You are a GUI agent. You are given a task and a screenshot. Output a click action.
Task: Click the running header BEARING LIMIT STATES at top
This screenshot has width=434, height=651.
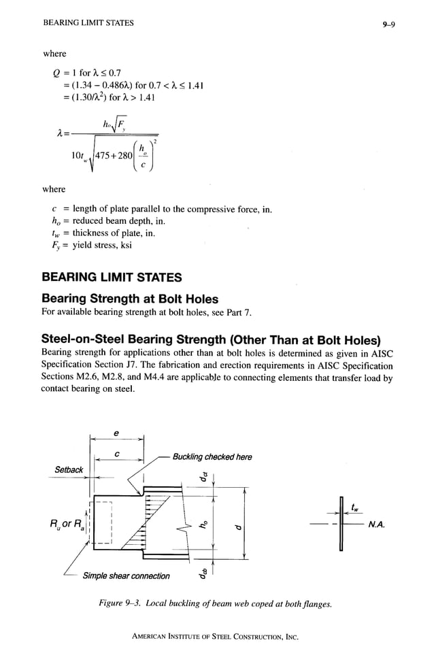(x=88, y=23)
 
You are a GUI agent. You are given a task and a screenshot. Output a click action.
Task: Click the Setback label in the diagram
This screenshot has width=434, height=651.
(x=68, y=469)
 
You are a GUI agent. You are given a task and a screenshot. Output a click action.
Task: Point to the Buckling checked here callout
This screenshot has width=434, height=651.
(x=212, y=456)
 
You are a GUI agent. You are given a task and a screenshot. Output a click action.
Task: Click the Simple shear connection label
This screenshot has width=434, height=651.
(x=127, y=575)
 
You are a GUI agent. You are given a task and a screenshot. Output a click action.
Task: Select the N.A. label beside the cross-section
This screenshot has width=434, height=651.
(x=377, y=524)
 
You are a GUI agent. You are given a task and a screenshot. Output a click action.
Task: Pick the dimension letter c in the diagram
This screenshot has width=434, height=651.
(x=118, y=454)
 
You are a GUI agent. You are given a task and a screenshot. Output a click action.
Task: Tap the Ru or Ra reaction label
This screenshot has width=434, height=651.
(x=66, y=524)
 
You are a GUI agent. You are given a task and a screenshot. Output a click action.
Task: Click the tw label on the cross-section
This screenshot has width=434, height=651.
(x=356, y=506)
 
